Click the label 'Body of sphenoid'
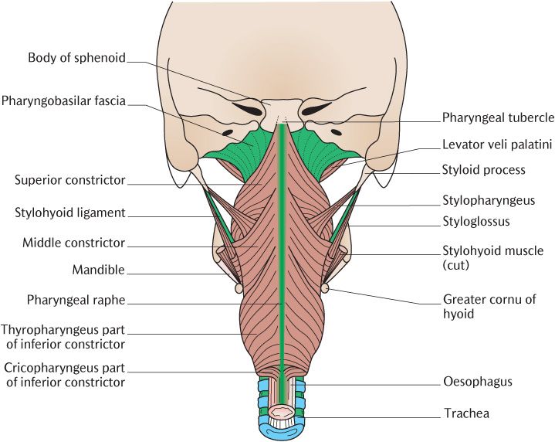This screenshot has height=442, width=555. (77, 57)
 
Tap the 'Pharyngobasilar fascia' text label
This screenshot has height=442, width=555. (64, 101)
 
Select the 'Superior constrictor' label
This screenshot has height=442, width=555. (70, 180)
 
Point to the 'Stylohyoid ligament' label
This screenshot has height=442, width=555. (70, 212)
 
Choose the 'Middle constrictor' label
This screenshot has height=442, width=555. (74, 243)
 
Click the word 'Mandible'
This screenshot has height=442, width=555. (99, 270)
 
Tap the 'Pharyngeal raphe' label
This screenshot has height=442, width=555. (76, 301)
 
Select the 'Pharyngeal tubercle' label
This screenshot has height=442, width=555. (499, 117)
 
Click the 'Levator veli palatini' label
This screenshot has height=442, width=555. (497, 144)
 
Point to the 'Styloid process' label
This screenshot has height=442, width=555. (484, 170)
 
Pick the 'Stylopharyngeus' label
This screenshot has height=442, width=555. (489, 201)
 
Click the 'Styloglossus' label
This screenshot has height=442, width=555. (476, 222)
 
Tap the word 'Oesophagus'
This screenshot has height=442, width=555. (478, 382)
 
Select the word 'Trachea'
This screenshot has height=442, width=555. (467, 413)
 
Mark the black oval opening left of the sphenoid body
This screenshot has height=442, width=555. (249, 109)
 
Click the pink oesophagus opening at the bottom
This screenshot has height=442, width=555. (281, 412)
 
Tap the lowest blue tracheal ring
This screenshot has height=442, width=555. (281, 431)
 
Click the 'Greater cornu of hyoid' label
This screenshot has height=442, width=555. (489, 307)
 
